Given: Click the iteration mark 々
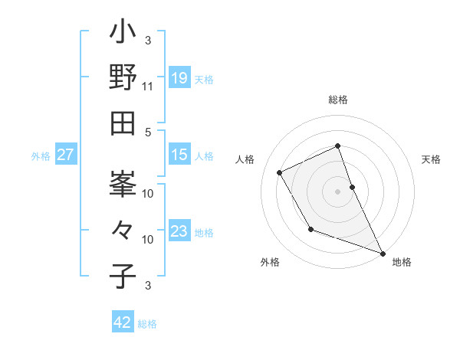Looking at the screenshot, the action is coord(123,230).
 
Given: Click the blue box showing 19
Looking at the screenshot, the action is coord(179,78).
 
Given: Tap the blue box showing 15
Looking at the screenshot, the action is coord(179,155).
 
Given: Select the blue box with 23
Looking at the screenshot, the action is coord(179,231).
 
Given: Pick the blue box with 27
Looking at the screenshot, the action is coord(65,155).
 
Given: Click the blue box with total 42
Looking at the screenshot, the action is coord(123,322).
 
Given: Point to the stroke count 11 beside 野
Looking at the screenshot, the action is coord(148,87).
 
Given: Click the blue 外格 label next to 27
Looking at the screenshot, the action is coord(41,156).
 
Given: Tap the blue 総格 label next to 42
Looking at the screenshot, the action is coord(147,324).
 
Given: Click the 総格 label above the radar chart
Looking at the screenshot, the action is coord(338,100).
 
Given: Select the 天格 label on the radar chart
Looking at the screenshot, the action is coord(431,159).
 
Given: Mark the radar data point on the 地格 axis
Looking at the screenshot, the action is coord(383,253).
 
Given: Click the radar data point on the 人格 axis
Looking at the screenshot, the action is coord(280,172).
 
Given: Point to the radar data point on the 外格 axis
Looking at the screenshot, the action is coord(310,229).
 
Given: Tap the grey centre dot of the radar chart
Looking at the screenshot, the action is coord(338,191).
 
